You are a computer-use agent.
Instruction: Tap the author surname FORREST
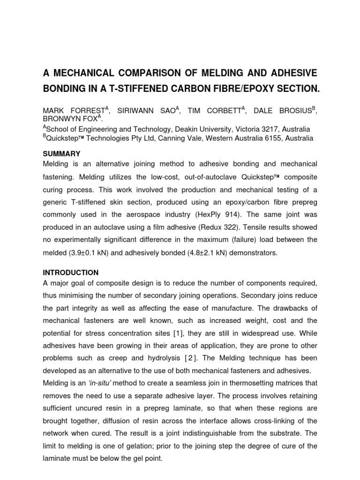point(86,112)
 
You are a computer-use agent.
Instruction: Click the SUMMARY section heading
point(62,154)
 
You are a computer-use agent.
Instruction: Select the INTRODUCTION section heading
point(71,272)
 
